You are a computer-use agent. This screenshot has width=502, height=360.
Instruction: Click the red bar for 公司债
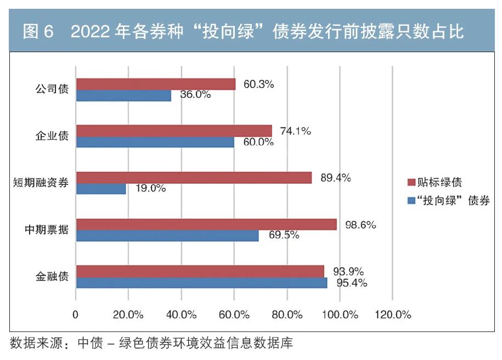156,84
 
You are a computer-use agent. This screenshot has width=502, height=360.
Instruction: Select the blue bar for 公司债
123,95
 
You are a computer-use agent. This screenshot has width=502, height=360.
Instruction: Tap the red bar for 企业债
174,131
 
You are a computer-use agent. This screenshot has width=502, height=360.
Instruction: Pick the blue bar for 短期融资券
101,189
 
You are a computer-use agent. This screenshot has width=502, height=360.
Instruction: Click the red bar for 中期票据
206,224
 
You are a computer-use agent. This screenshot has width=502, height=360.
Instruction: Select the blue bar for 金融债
201,283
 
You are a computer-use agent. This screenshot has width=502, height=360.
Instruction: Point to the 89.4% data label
335,178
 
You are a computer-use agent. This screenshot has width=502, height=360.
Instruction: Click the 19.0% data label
150,188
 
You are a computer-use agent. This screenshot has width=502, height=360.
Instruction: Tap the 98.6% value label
360,224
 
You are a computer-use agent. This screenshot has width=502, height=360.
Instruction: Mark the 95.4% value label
351,283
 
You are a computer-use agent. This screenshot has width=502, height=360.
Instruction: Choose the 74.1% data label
295,131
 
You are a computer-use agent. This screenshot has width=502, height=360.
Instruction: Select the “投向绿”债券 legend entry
449,201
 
